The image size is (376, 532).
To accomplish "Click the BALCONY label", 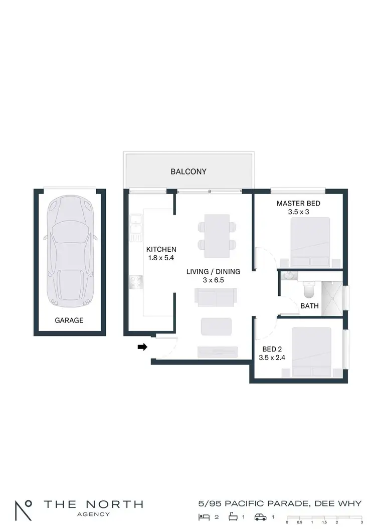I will click(189, 171).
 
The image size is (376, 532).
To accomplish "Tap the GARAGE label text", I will click(69, 320).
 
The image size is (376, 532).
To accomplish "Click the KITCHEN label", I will click(161, 249).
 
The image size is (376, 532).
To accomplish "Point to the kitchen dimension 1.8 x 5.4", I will click(161, 258).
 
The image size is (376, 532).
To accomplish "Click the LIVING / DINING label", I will click(213, 272).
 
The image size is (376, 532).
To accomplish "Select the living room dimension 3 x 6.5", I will click(213, 280).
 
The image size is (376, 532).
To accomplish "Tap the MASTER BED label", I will click(298, 204).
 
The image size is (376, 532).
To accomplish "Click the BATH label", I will click(309, 306).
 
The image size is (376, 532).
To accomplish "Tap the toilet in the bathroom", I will click(309, 289).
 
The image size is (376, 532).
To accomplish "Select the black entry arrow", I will click(142, 346).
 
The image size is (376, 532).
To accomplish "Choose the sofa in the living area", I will click(215, 297).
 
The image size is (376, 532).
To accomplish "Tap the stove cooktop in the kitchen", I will click(135, 282).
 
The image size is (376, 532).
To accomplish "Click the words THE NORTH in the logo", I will click(93, 504).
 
